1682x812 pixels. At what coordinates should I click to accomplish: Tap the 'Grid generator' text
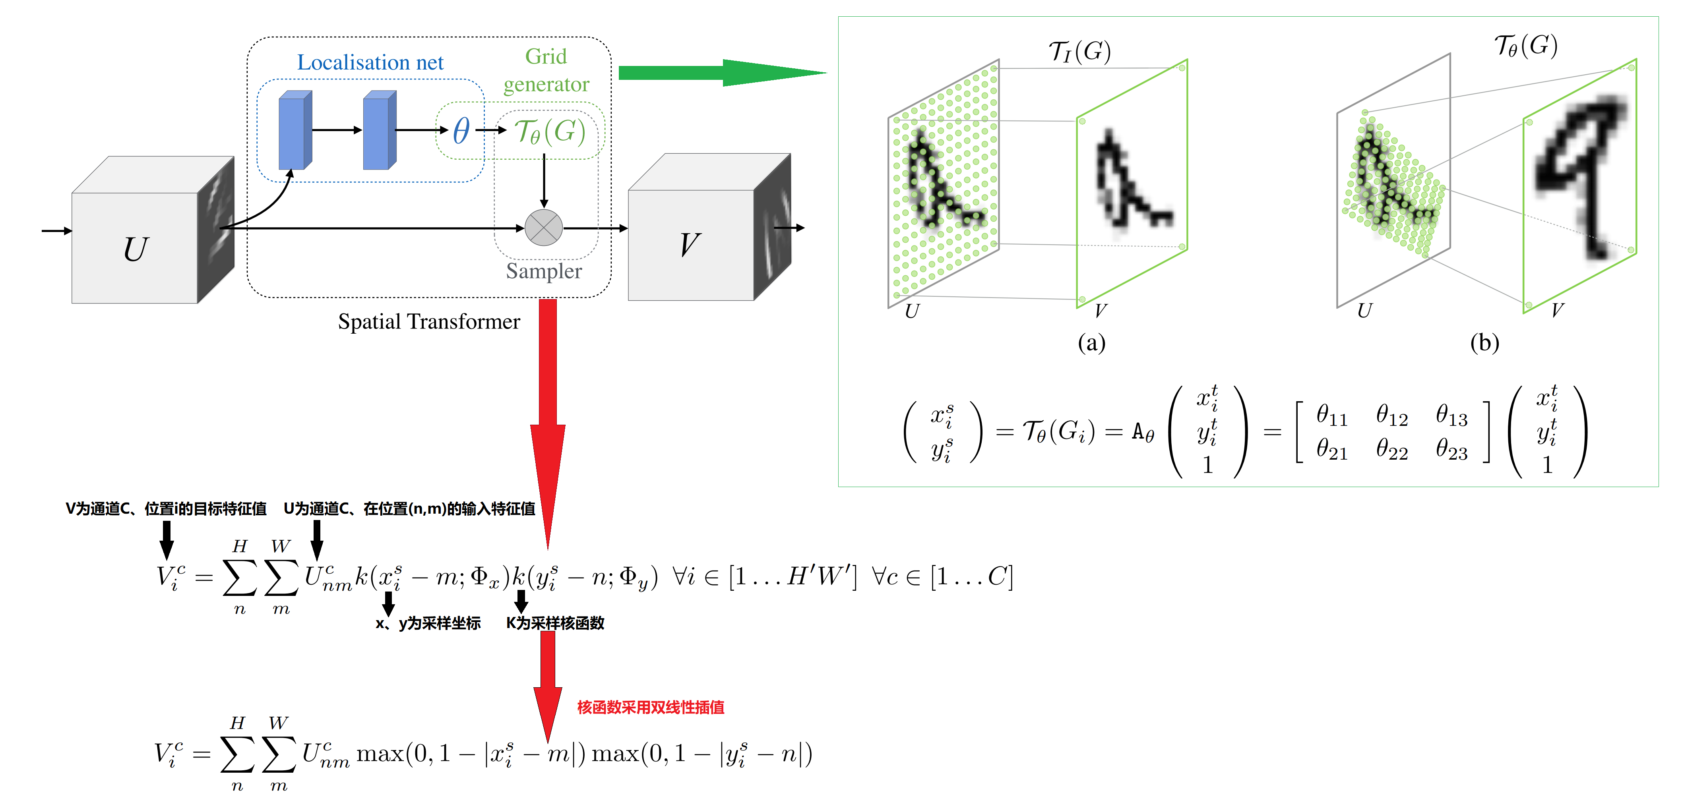546,70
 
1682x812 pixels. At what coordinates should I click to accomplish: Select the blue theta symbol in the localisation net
461,131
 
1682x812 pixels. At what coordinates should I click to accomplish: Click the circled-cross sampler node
543,228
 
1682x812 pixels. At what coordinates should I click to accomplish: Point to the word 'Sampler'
543,271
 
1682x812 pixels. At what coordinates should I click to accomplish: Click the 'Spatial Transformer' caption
428,322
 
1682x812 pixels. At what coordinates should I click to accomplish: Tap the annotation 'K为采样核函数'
555,623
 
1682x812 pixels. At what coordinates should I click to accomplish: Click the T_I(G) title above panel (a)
1079,51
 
